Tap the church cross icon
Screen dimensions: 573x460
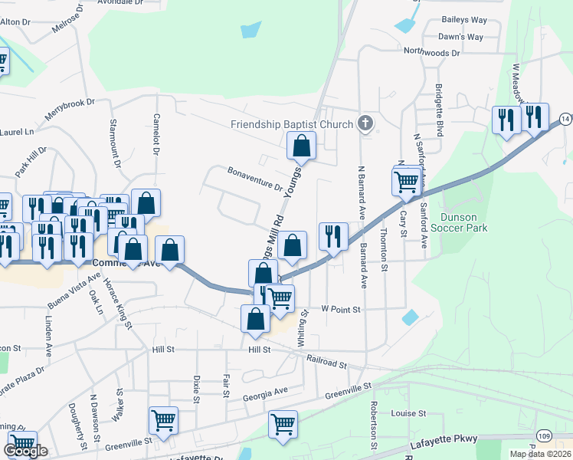(366, 123)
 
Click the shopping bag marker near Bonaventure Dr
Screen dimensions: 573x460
(302, 145)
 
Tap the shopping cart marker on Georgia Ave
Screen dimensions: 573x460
(283, 424)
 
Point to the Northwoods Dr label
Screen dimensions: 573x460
(432, 53)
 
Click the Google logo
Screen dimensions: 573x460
(26, 451)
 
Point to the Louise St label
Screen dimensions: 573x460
(408, 413)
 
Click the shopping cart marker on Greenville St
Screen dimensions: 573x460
(163, 420)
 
